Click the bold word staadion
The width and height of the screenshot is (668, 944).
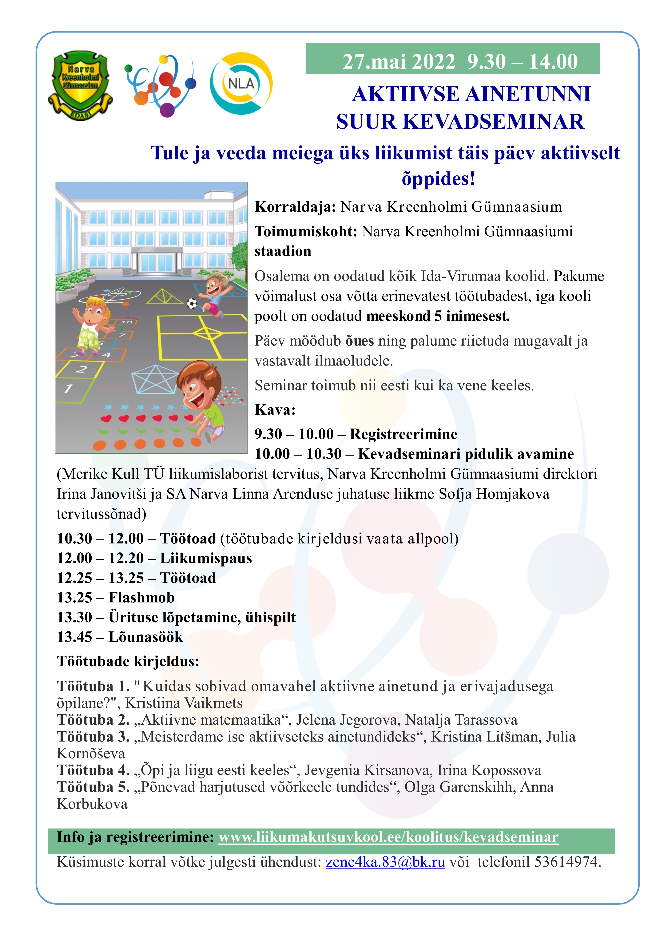[283, 251]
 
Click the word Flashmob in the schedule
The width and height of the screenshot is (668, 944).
[141, 597]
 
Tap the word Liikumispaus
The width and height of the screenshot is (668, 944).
[206, 558]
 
